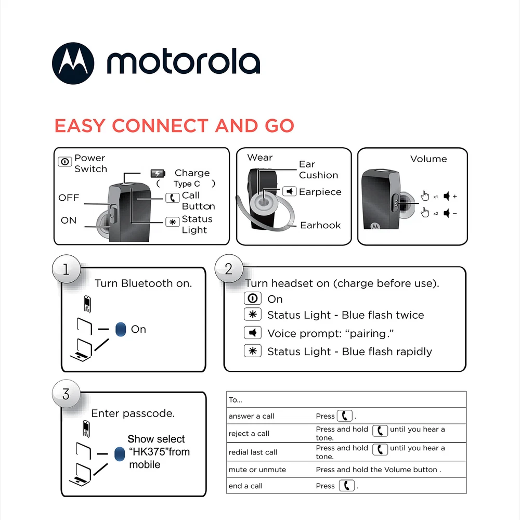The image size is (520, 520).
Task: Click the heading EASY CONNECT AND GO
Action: (174, 126)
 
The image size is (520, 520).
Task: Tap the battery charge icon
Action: (157, 173)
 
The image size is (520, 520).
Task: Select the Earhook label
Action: (320, 225)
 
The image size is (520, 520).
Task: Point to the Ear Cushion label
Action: (318, 170)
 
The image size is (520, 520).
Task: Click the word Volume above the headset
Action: (428, 159)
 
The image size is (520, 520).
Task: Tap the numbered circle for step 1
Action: (66, 269)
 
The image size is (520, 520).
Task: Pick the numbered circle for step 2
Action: (228, 269)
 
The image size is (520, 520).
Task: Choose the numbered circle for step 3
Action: (66, 394)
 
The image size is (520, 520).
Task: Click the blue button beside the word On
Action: (120, 329)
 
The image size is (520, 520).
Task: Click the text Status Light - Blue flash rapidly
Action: (349, 352)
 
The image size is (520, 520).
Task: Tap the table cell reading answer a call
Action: (252, 416)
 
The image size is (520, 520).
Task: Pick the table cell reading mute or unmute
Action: (257, 470)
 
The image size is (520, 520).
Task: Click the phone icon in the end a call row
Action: (346, 486)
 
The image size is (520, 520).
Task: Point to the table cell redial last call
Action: (253, 452)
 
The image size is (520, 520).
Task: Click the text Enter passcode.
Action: (133, 414)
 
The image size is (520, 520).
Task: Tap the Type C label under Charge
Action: (187, 184)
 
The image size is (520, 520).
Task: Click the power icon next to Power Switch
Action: (65, 161)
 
